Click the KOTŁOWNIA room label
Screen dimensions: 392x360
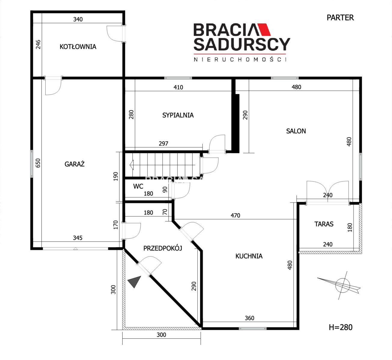pos(78,47)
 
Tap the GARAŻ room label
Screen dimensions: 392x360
pos(74,164)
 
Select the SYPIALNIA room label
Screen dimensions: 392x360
pos(178,115)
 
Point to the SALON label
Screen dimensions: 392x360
pos(296,131)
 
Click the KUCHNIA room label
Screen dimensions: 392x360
pos(249,256)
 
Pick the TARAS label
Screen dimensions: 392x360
pos(324,224)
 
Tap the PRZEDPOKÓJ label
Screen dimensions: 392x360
pos(163,248)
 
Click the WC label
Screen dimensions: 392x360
pos(138,186)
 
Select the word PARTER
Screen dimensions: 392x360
pos(340,18)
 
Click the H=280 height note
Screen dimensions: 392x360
pos(341,327)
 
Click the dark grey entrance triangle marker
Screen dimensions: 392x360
pos(135,281)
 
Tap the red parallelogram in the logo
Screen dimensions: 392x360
pos(264,29)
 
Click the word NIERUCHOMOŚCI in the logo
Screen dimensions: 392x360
pos(240,59)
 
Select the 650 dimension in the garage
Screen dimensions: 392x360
pos(38,163)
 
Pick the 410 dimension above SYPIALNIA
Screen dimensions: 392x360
pos(178,87)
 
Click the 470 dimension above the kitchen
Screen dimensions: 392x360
pos(235,215)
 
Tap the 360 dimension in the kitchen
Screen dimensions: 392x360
pos(250,318)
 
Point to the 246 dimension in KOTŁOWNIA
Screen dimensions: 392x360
pos(38,44)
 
